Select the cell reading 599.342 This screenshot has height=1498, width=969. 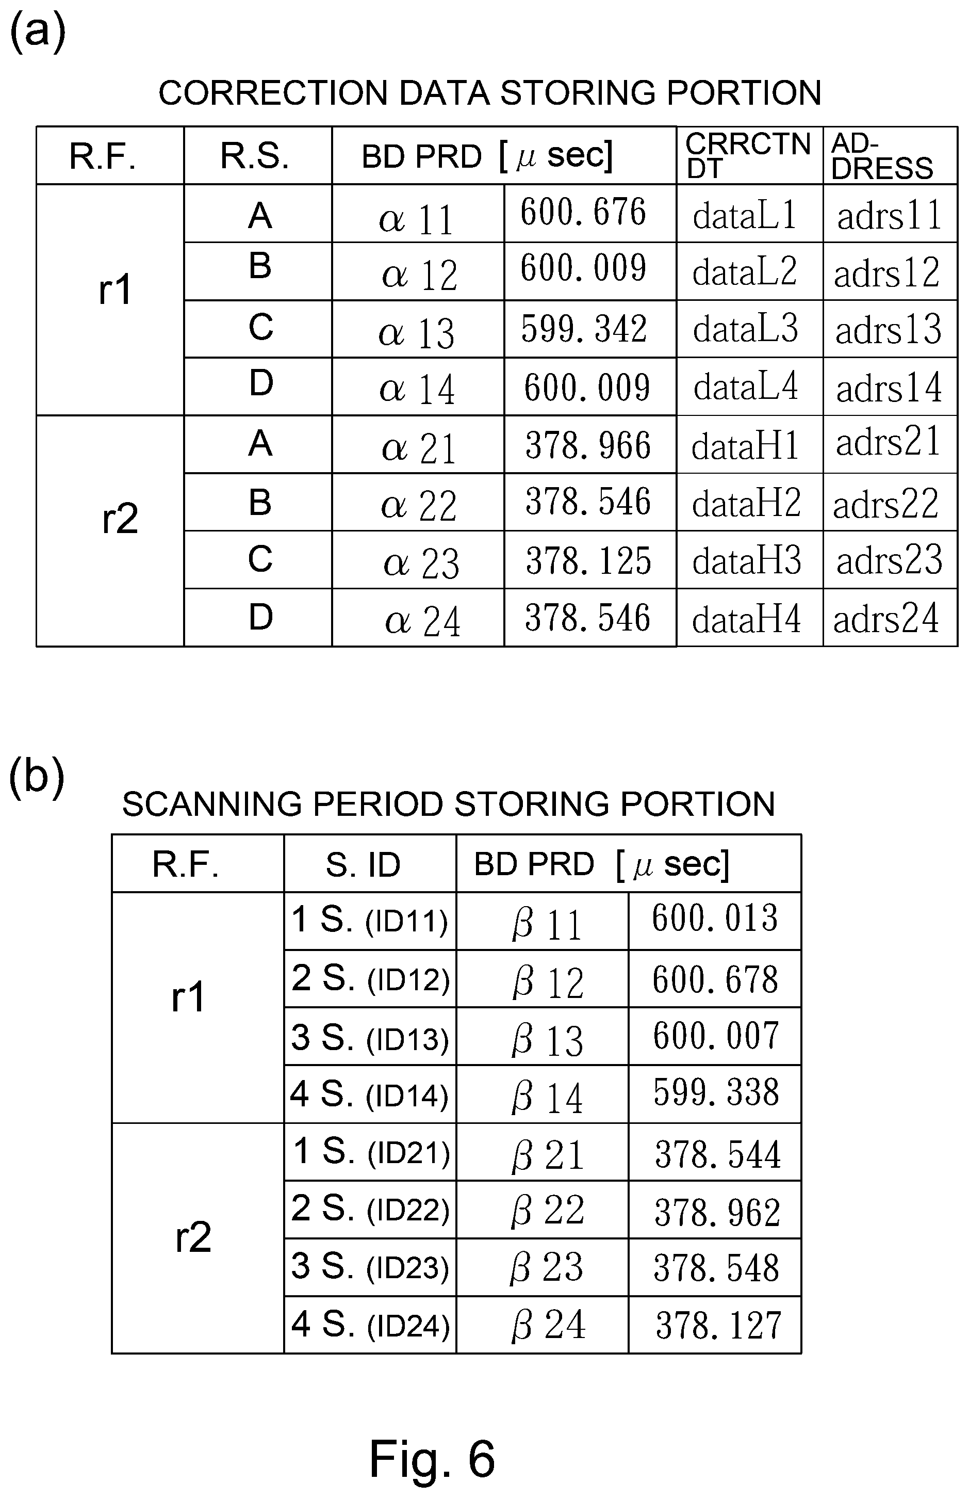tap(584, 329)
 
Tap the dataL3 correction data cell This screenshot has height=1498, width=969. tap(746, 329)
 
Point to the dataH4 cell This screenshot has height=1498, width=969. tap(747, 619)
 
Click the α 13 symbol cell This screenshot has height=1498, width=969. tap(417, 333)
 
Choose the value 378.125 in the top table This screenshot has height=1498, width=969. tap(588, 560)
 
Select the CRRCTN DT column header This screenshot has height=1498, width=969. tap(748, 155)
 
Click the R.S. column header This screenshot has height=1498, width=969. tap(255, 156)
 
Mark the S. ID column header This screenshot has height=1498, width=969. tap(363, 865)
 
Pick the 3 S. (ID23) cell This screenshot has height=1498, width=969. tap(370, 1266)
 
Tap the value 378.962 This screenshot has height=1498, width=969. tap(717, 1212)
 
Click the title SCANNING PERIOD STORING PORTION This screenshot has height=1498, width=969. tap(449, 804)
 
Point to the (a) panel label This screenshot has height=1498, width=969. tap(38, 31)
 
